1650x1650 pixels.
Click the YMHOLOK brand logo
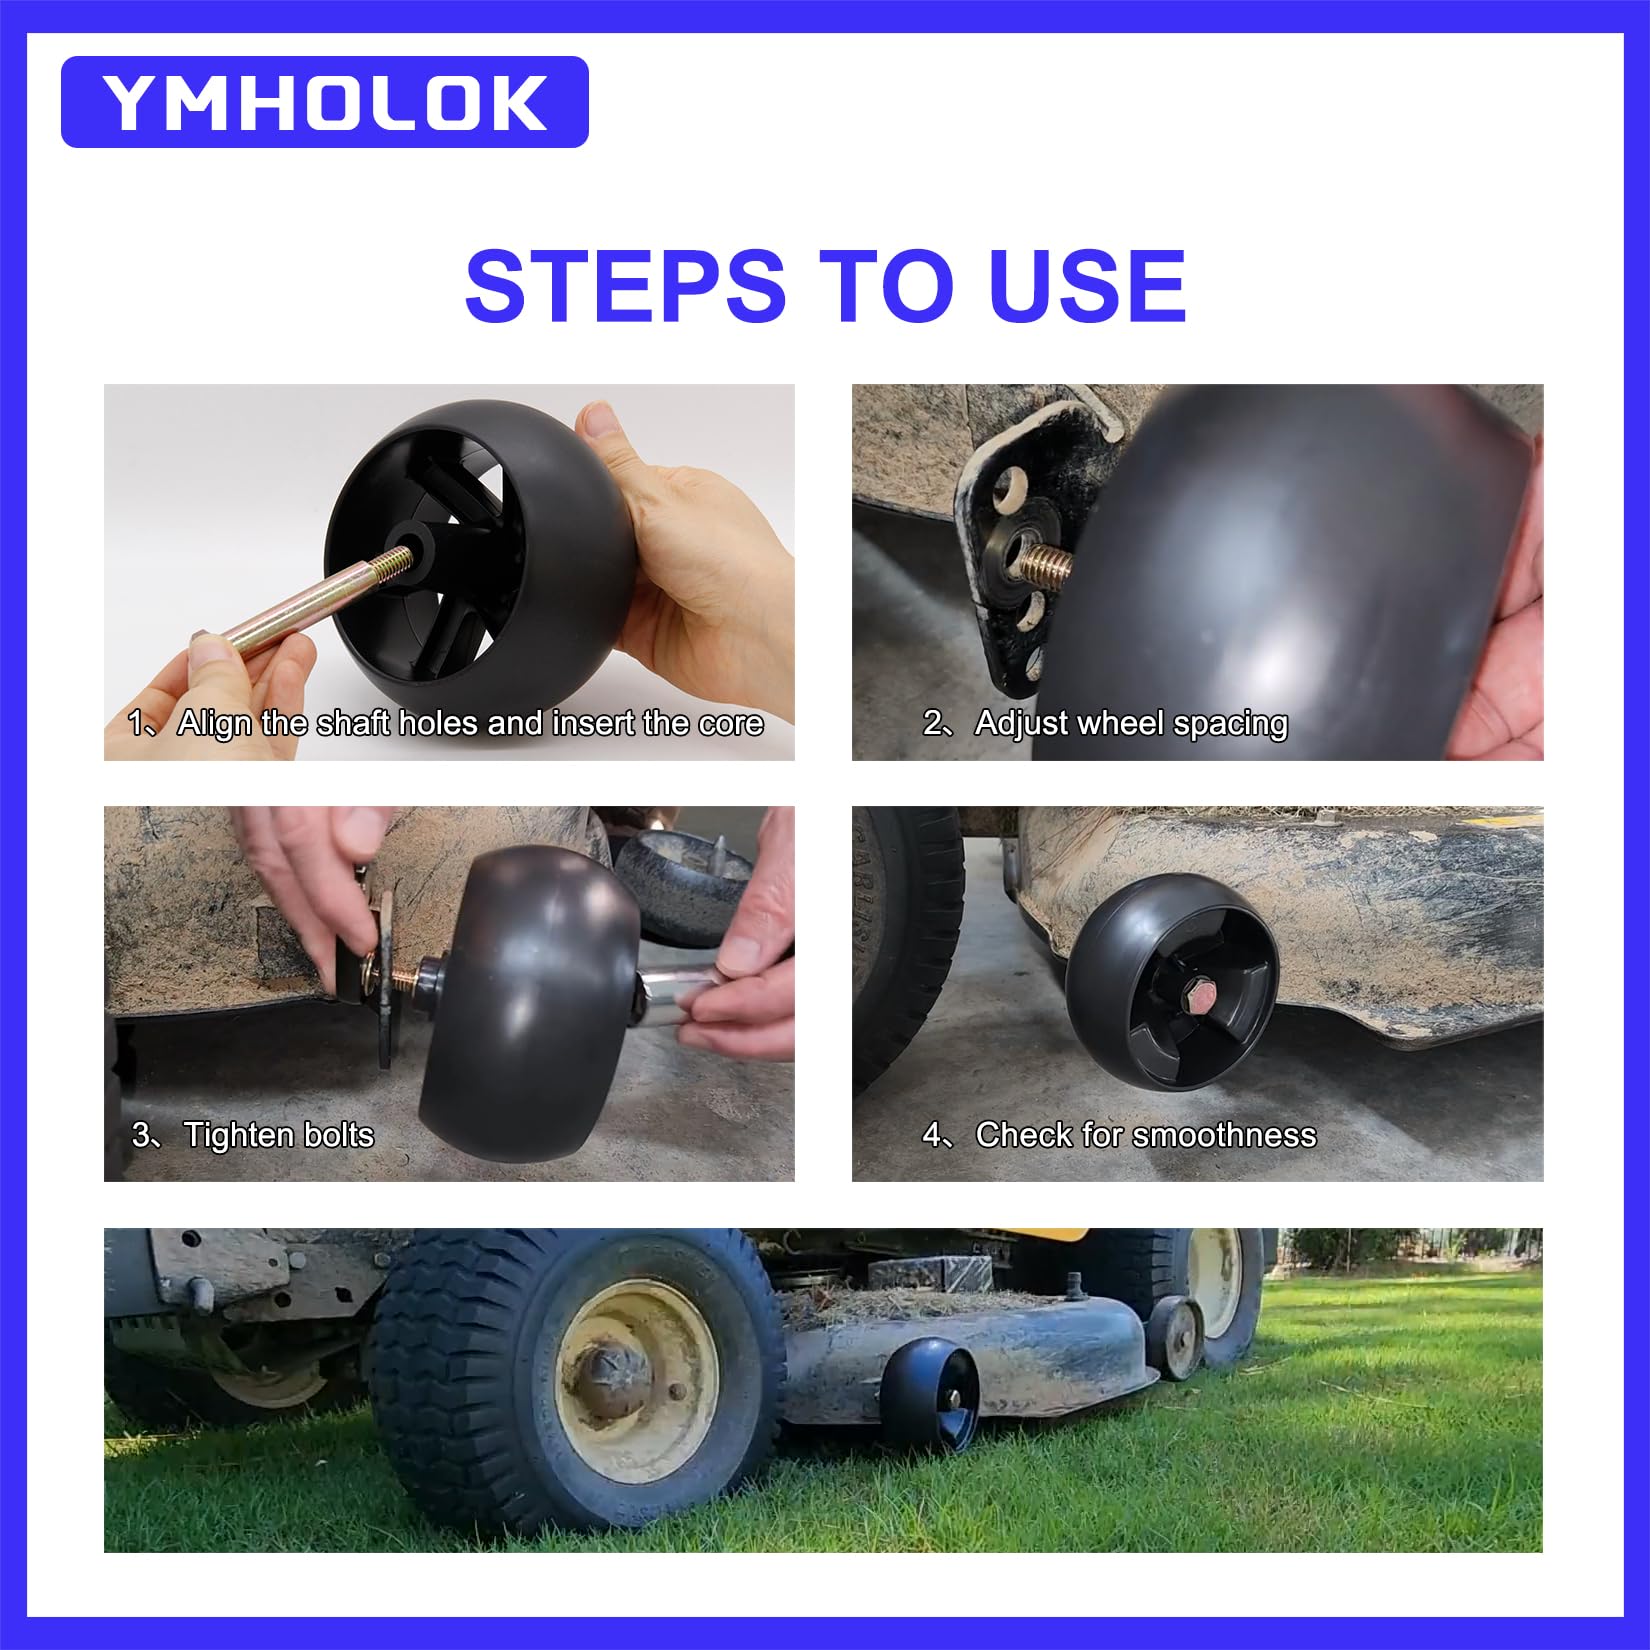[325, 102]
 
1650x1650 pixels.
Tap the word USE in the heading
[1087, 286]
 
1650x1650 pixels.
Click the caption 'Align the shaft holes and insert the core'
[470, 723]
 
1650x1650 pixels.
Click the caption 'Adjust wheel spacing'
[1131, 723]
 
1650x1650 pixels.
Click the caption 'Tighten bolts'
[278, 1135]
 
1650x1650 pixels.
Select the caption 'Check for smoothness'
[1146, 1135]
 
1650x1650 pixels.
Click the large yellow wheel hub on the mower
[637, 1382]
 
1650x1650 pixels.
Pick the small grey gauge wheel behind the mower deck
[1174, 1338]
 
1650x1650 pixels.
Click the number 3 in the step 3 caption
[141, 1135]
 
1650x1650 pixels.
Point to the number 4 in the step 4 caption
[932, 1135]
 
